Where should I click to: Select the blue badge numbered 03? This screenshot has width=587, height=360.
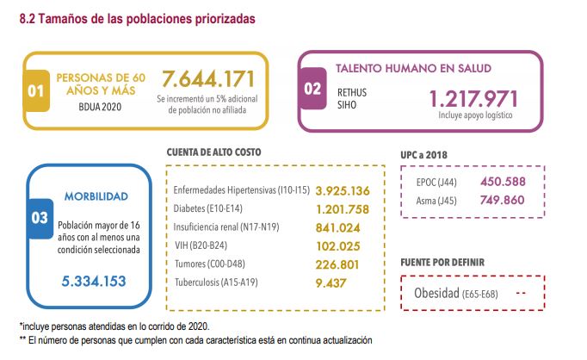point(40,217)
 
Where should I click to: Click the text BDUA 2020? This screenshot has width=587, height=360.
point(102,107)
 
